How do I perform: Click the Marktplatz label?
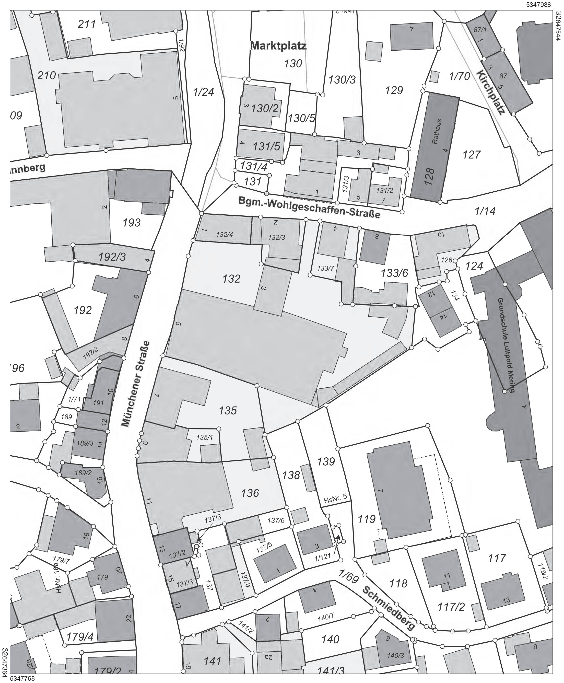point(278,46)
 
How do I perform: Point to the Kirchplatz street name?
point(491,92)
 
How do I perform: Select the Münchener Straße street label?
point(136,384)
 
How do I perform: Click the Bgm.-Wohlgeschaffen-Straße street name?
point(309,207)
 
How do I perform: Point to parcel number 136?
point(250,493)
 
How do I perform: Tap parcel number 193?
point(132,223)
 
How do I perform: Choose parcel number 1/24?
point(204,92)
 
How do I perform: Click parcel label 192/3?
point(112,257)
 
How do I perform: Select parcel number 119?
point(367,519)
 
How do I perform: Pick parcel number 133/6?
point(394,273)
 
